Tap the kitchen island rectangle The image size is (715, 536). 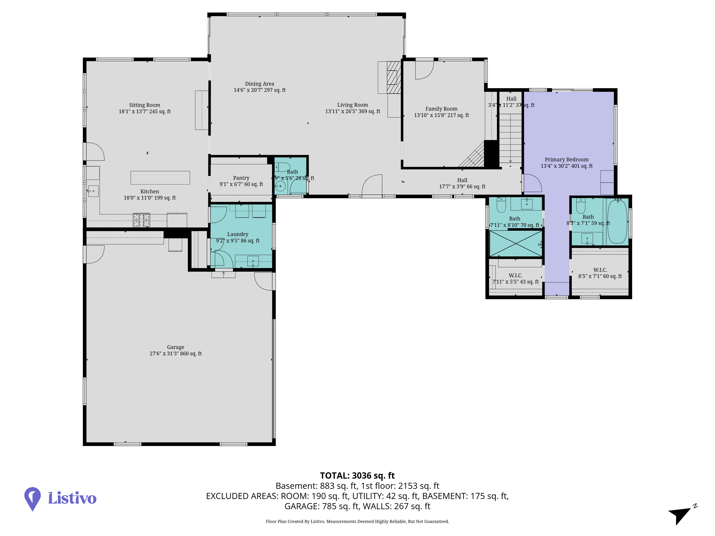pos(160,178)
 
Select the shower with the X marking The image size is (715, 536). pos(516,243)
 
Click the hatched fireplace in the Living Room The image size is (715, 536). pos(394,78)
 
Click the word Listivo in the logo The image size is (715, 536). pos(72,498)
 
